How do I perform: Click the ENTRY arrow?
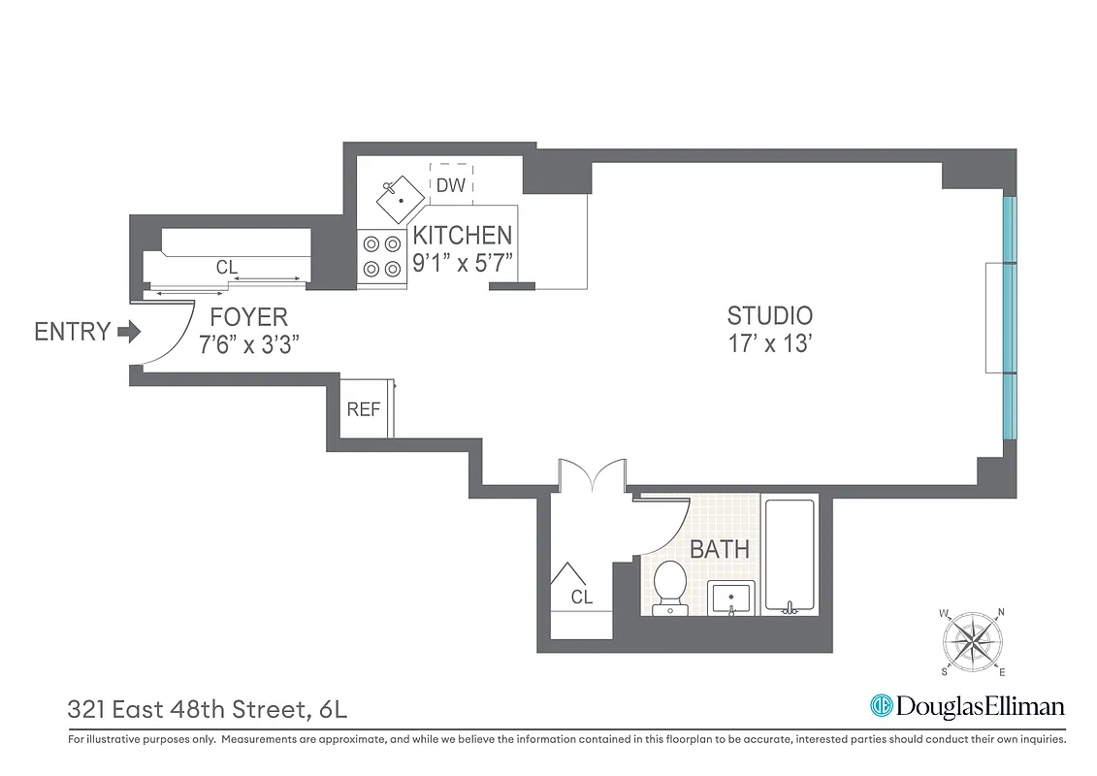pyautogui.click(x=128, y=333)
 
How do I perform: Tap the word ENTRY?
pyautogui.click(x=72, y=332)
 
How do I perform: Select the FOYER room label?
pyautogui.click(x=249, y=317)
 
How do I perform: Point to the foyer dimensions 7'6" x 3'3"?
pyautogui.click(x=249, y=345)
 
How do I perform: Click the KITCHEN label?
pyautogui.click(x=462, y=236)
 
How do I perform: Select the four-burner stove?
pyautogui.click(x=380, y=257)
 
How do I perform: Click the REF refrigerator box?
pyautogui.click(x=364, y=409)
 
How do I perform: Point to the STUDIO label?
pyautogui.click(x=769, y=315)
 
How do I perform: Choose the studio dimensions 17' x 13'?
pyautogui.click(x=769, y=344)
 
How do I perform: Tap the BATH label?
pyautogui.click(x=719, y=549)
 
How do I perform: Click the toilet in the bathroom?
pyautogui.click(x=669, y=588)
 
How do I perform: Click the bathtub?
pyautogui.click(x=791, y=554)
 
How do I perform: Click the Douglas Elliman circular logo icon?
pyautogui.click(x=881, y=706)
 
